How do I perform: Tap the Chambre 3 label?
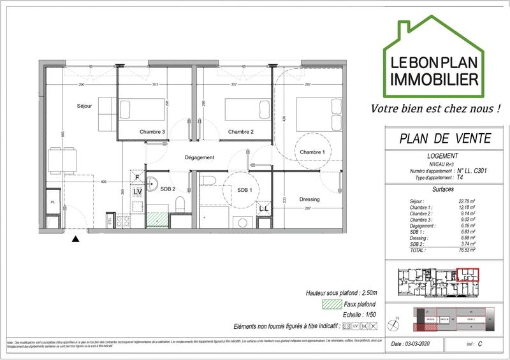click(153, 132)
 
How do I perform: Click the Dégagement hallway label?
click(200, 157)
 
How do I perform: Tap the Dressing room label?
click(309, 199)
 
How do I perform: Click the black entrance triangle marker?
click(75, 239)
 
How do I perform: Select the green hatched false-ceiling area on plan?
click(156, 219)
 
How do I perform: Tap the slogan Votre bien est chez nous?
click(435, 108)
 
